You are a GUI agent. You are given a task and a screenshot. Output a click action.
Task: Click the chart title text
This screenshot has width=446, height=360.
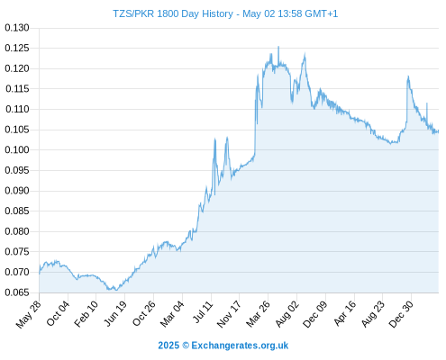(225, 13)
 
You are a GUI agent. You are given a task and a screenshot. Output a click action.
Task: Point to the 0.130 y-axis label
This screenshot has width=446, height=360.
(17, 28)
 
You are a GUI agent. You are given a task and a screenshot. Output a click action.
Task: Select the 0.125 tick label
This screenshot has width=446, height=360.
(17, 48)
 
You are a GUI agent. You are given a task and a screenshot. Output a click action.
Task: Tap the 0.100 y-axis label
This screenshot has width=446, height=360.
(17, 149)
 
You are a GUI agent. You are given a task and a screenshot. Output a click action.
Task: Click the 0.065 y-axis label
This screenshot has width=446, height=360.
(17, 292)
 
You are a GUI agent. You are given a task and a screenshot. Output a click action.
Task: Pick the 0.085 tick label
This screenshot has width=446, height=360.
(17, 211)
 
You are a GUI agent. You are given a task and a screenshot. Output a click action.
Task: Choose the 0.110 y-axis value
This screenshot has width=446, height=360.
(17, 109)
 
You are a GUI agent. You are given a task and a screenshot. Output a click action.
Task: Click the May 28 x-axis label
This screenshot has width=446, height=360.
(29, 314)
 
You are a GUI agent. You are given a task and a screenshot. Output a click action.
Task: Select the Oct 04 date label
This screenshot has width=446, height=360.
(58, 313)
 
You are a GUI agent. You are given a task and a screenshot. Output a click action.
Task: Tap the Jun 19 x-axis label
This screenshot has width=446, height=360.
(115, 313)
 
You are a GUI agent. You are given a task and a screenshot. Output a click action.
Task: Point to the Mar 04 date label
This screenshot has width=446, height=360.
(172, 314)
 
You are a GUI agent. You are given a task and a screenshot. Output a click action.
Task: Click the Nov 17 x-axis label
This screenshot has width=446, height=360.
(229, 314)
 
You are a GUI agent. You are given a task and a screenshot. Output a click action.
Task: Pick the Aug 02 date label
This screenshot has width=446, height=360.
(287, 314)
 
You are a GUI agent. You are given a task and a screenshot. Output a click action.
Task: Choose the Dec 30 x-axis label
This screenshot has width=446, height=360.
(401, 314)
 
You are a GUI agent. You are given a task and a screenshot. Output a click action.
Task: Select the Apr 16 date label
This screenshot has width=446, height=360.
(345, 313)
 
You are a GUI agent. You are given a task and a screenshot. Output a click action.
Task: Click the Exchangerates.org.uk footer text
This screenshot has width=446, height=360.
(240, 346)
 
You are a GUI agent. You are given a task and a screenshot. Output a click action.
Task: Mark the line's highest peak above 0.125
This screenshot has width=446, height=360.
(278, 47)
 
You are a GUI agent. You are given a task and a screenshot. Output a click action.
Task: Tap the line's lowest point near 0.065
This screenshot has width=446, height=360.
(116, 290)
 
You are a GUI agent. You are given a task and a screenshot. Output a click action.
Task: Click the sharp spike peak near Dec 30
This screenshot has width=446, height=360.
(408, 76)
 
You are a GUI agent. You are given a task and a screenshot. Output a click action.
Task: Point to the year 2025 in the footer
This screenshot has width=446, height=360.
(168, 346)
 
